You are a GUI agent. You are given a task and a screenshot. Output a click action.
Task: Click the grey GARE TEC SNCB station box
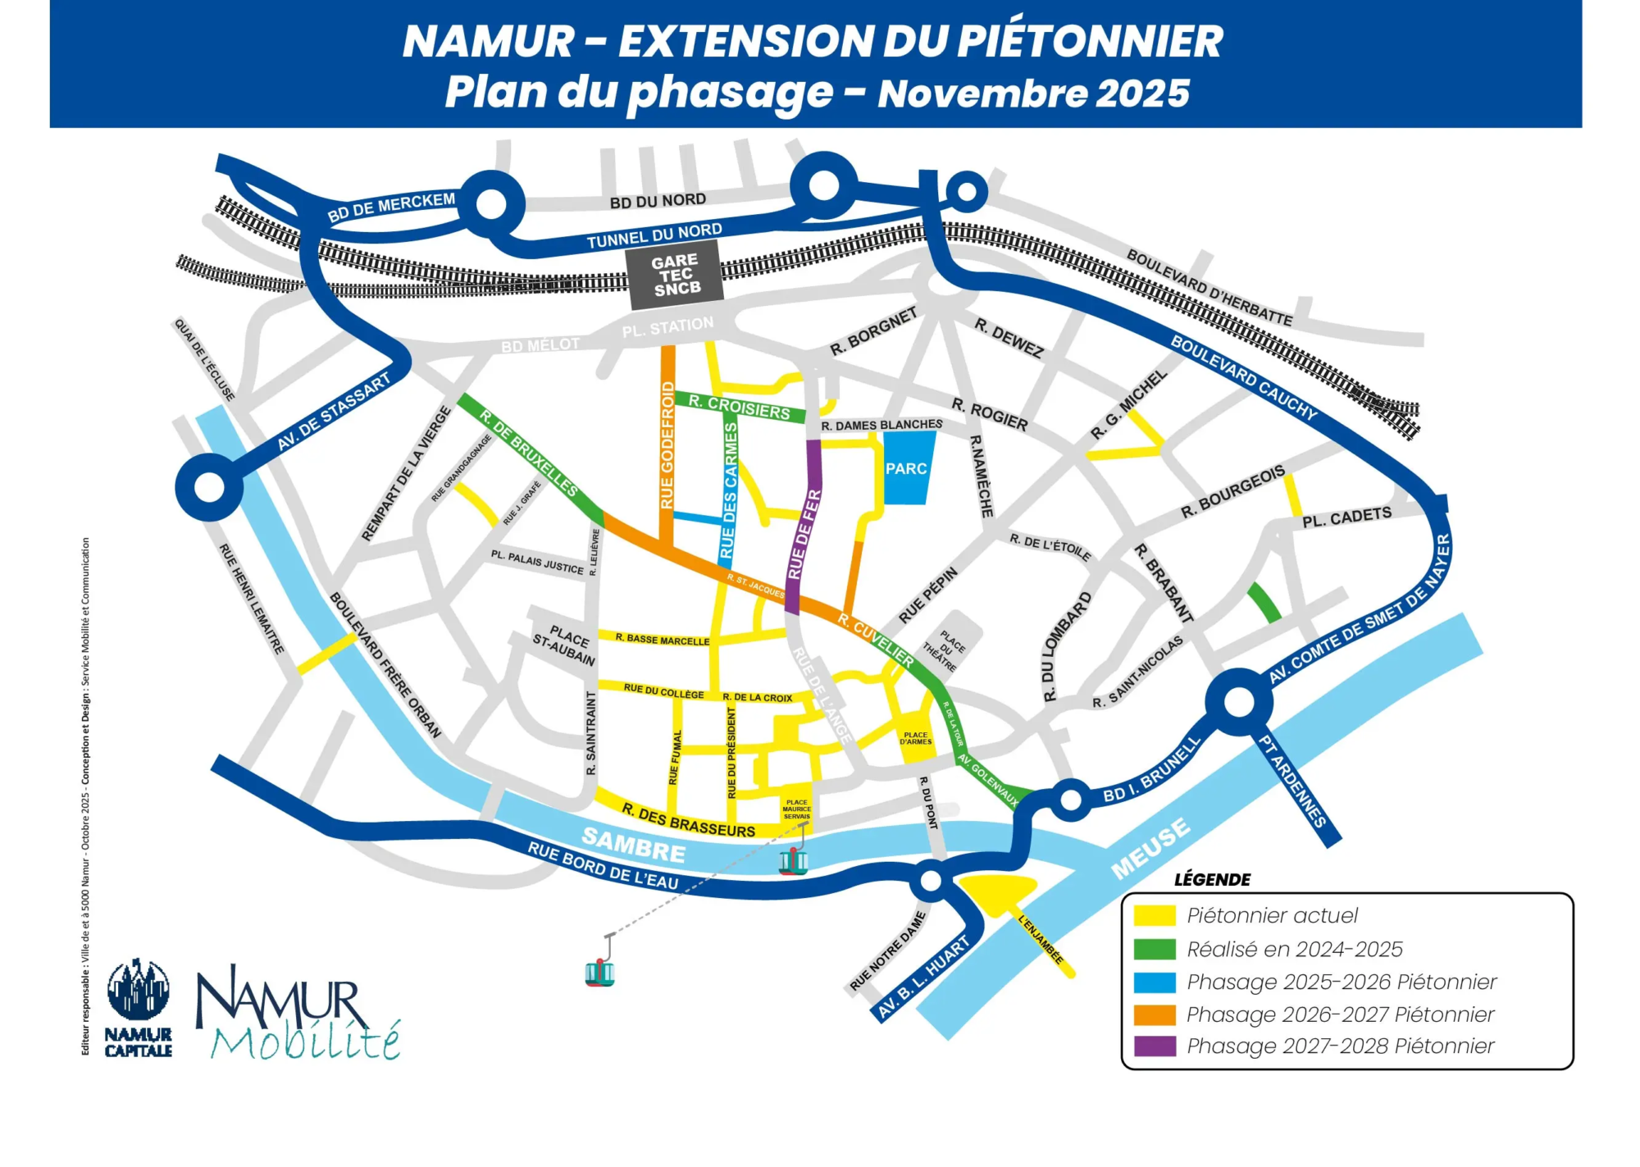point(675,275)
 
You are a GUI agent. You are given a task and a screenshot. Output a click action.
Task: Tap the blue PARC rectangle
point(908,467)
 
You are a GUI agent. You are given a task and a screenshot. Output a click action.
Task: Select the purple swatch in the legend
point(1155,1046)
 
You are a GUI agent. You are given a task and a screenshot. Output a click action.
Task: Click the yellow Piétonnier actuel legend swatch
point(1155,915)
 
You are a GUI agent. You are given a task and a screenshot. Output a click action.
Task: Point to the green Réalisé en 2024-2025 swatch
point(1155,949)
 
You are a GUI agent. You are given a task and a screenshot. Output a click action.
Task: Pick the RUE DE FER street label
point(804,535)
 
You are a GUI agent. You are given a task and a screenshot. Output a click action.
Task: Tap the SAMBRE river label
point(633,845)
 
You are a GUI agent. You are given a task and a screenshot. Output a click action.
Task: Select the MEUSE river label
point(1150,848)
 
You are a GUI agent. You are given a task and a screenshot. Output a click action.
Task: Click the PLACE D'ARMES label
point(915,738)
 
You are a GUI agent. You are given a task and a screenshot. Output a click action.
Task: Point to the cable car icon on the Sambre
point(793,860)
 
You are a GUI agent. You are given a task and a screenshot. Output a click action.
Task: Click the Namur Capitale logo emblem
point(139,991)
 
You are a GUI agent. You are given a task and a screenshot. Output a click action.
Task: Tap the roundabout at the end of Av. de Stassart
point(210,487)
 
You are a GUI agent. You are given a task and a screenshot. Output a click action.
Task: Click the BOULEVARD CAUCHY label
point(1243,378)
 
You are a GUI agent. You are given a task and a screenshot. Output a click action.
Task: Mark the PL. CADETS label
point(1346,517)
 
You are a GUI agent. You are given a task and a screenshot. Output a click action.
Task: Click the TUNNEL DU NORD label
point(654,236)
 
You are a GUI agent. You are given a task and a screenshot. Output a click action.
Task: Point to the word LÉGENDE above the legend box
point(1212,880)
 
